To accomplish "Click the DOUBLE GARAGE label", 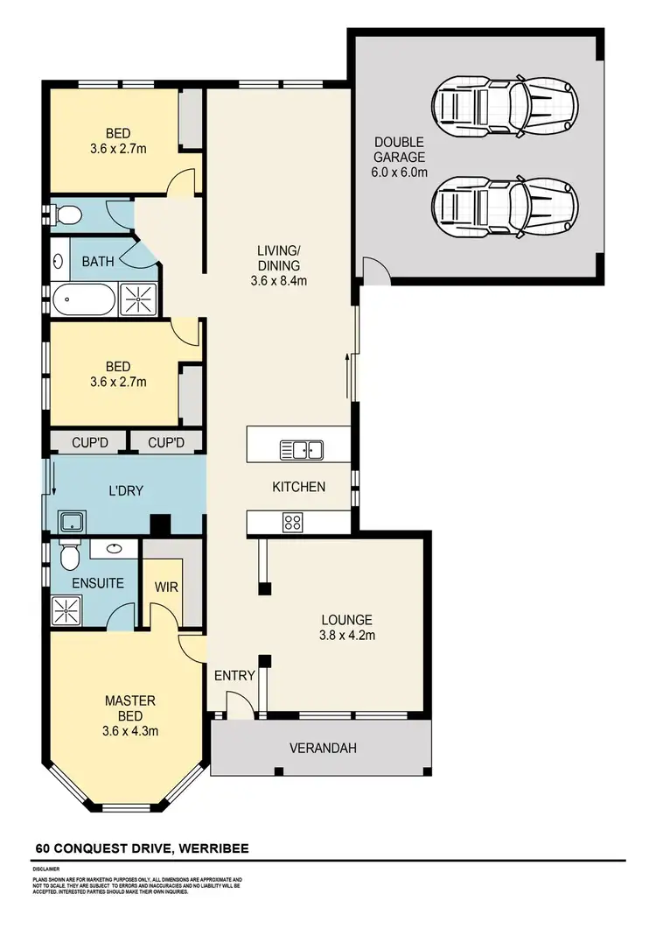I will tap(400, 157).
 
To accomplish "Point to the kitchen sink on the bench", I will tap(302, 450).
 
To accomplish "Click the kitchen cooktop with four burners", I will tap(291, 523).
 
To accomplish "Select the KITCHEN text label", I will tap(298, 487).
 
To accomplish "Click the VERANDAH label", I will tap(324, 748).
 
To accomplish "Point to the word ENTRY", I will tap(234, 675).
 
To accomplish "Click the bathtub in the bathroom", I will tap(83, 300).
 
